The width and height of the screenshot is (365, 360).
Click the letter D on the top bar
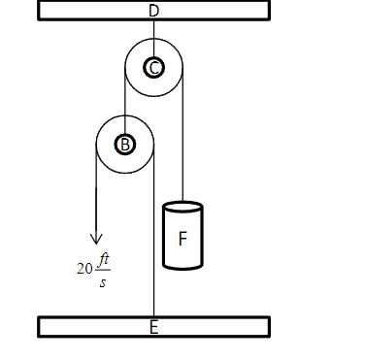tap(153, 11)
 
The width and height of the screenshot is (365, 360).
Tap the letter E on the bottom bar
tap(153, 327)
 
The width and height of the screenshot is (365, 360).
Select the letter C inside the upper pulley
tap(153, 67)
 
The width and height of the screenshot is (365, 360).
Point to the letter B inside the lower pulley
tap(124, 144)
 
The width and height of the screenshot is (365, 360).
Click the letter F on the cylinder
tap(182, 237)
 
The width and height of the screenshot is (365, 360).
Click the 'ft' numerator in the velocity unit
tap(104, 260)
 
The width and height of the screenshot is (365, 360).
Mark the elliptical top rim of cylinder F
tap(182, 206)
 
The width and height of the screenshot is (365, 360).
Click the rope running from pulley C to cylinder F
tap(182, 146)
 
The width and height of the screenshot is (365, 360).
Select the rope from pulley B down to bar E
tap(153, 243)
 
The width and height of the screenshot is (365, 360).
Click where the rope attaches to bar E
tap(153, 316)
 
